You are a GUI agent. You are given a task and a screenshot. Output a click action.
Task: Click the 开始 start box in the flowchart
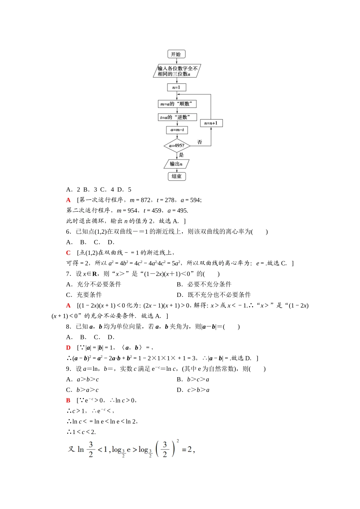click(x=176, y=54)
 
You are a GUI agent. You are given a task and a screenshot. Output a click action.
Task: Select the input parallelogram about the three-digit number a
click(x=177, y=71)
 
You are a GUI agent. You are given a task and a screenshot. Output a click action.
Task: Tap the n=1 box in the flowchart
click(x=177, y=87)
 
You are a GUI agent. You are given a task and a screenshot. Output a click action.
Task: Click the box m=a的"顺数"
click(x=177, y=104)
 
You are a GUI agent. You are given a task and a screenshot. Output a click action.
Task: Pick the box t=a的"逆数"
click(x=177, y=117)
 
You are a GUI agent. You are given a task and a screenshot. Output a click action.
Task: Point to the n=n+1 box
click(x=211, y=123)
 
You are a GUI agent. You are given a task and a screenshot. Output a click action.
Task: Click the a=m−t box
click(x=177, y=130)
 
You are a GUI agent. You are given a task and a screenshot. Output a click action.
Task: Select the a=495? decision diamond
click(x=177, y=145)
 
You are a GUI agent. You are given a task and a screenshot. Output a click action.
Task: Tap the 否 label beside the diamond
click(x=200, y=142)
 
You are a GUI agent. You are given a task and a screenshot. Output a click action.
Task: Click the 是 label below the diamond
click(x=181, y=155)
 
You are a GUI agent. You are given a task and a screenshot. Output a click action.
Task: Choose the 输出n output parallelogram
click(x=176, y=164)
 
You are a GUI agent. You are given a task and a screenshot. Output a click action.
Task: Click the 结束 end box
click(x=177, y=176)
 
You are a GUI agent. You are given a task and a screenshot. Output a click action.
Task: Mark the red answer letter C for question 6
click(x=68, y=253)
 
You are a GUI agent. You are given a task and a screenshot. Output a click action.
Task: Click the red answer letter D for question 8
click(x=68, y=348)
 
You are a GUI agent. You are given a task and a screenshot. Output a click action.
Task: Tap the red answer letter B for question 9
click(x=68, y=400)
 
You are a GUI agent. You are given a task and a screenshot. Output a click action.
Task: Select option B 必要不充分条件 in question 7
click(x=204, y=284)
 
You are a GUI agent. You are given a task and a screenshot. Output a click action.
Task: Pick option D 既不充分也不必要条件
click(x=214, y=295)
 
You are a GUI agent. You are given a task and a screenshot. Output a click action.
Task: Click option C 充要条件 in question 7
click(x=84, y=295)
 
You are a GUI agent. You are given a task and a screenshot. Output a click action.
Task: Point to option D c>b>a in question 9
click(x=193, y=390)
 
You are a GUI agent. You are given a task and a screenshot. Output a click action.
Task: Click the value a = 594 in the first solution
click(x=191, y=200)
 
